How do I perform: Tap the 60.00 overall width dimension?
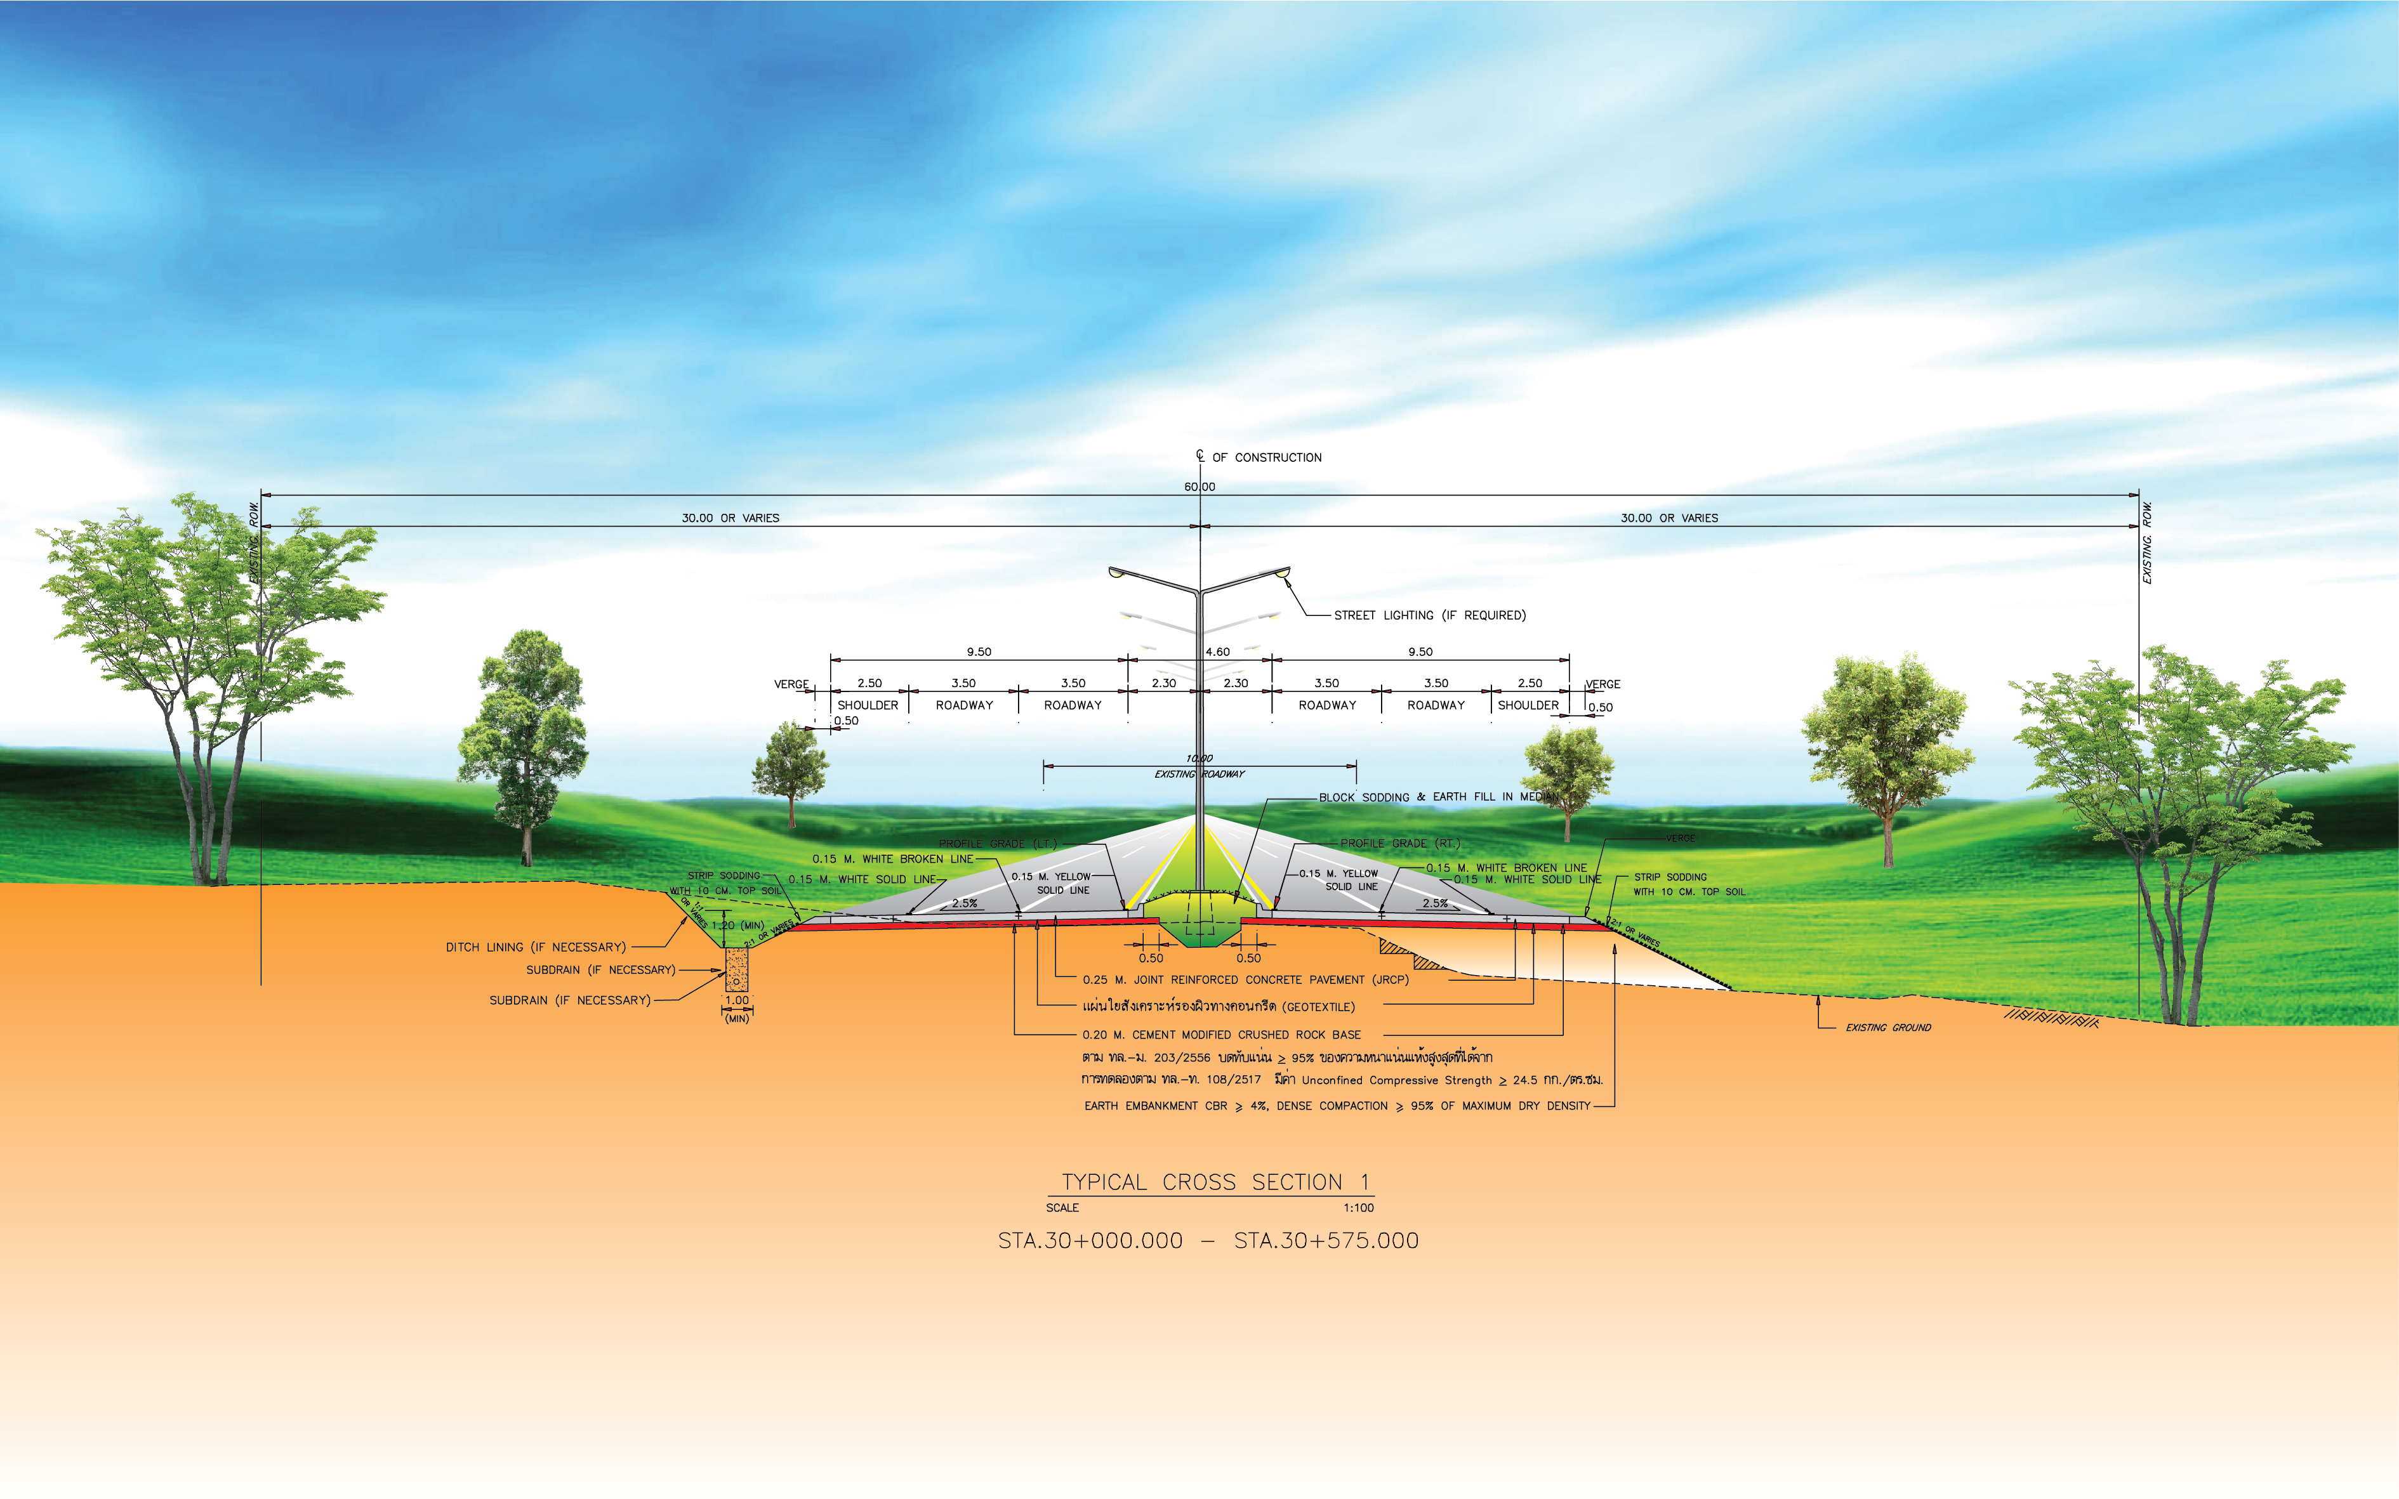[x=1199, y=487]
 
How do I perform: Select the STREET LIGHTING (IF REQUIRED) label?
[x=1429, y=616]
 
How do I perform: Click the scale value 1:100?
[x=1358, y=1208]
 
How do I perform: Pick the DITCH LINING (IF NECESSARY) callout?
[x=536, y=948]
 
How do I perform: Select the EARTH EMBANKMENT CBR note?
[x=1336, y=1106]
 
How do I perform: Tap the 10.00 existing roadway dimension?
[x=1199, y=759]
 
